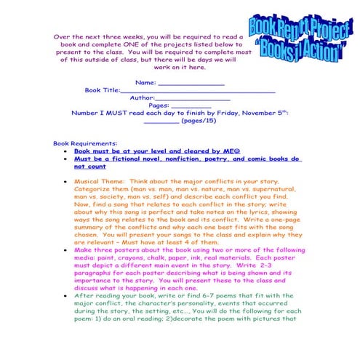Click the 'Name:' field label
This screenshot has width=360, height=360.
(x=146, y=82)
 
